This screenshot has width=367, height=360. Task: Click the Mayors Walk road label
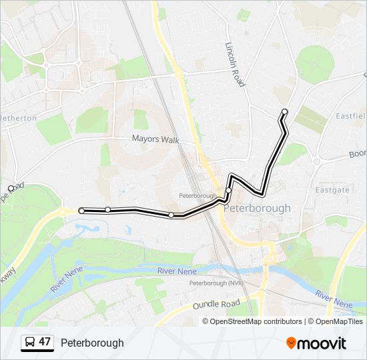[155, 139]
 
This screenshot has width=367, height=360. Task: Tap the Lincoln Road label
[236, 65]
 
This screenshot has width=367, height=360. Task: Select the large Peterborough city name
[257, 208]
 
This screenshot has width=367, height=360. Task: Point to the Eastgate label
[332, 190]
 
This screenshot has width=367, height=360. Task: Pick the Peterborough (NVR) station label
[216, 283]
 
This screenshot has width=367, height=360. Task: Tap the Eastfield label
[351, 115]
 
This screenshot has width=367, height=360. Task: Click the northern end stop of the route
[285, 111]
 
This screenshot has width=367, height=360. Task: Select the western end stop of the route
[81, 211]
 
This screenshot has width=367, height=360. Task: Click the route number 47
[45, 342]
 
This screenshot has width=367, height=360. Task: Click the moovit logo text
[322, 343]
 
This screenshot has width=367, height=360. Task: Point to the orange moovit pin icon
[292, 343]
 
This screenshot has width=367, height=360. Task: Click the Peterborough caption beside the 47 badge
[92, 343]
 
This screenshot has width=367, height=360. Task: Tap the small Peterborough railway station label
[198, 196]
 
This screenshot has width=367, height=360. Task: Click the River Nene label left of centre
[176, 271]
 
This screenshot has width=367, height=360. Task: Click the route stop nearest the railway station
[228, 191]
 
